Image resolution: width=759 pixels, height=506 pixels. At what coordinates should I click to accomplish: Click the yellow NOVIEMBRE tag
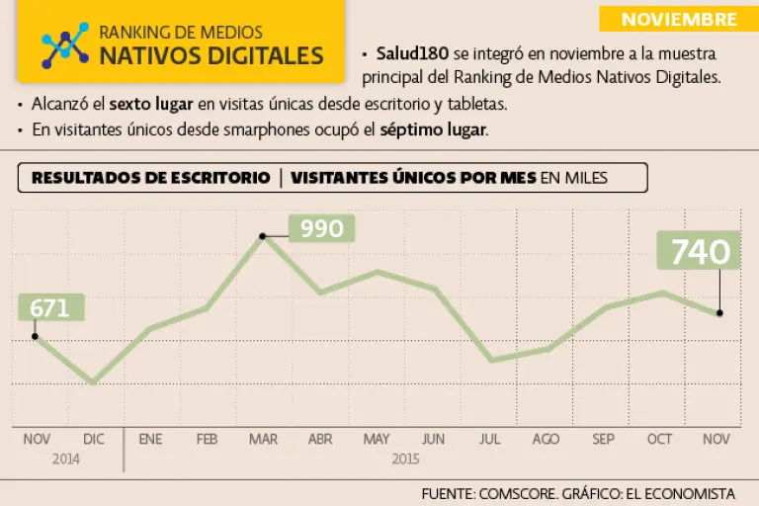point(679,19)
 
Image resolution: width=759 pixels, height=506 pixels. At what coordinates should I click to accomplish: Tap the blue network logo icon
point(64,43)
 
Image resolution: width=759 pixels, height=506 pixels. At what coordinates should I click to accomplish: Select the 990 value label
point(321,229)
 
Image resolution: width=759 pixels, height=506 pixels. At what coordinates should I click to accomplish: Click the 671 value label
point(50,307)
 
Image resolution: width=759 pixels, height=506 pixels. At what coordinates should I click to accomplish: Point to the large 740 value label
point(700,252)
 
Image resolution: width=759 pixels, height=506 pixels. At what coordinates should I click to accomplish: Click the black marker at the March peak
point(263,235)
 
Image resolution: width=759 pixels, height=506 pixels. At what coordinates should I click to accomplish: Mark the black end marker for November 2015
point(719,313)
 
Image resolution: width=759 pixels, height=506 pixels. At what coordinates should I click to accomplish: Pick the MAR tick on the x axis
point(263,439)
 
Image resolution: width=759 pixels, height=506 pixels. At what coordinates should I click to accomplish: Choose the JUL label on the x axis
point(489,439)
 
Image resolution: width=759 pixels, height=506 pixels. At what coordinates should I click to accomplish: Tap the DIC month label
point(93,439)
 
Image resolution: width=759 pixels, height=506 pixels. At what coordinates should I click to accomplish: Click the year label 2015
point(405,458)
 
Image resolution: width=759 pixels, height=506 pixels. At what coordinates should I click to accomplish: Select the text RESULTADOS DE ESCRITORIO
point(150,178)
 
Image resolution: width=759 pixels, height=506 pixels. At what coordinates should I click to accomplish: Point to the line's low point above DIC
point(93,382)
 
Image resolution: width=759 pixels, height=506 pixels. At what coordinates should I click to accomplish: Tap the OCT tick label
point(659,439)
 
